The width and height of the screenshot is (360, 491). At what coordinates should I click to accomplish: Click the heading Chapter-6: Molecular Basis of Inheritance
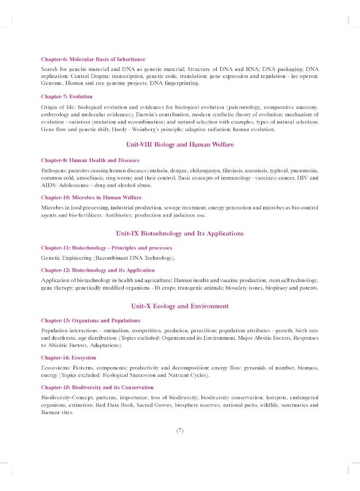click(x=93, y=59)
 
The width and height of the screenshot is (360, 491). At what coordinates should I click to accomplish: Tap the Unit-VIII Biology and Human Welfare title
click(x=179, y=145)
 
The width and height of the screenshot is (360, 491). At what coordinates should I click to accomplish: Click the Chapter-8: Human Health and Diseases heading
click(x=90, y=160)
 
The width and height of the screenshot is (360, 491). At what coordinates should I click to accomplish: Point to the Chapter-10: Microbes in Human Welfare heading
click(x=91, y=197)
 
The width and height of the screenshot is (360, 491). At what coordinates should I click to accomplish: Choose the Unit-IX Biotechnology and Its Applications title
click(x=179, y=233)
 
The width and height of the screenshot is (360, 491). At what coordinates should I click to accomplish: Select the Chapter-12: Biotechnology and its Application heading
click(x=98, y=270)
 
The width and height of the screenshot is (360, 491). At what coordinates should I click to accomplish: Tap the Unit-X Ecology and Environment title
click(x=179, y=306)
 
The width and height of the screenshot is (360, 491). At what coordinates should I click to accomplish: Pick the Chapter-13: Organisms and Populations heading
click(x=91, y=320)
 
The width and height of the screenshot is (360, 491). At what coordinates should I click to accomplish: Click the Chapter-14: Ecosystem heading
click(x=68, y=357)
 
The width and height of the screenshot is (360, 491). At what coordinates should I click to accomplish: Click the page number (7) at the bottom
click(x=180, y=430)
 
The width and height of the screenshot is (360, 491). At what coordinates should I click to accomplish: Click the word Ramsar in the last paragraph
click(x=50, y=413)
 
